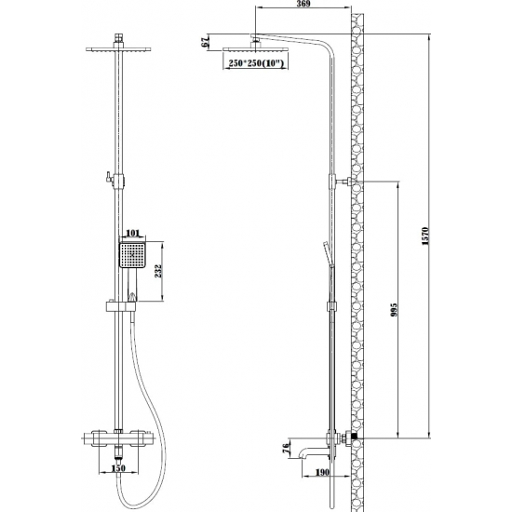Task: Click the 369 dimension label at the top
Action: [x=303, y=4]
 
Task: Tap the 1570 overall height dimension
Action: [x=424, y=236]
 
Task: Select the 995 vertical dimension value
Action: [x=394, y=310]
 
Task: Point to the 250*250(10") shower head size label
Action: [x=255, y=63]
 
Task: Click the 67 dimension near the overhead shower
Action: [x=206, y=43]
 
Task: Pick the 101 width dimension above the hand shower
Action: [x=132, y=233]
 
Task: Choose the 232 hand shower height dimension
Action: [x=158, y=271]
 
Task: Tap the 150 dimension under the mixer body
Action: [x=118, y=468]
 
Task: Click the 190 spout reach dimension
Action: [x=323, y=472]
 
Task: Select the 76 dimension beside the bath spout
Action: [x=287, y=446]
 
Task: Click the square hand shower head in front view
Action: [x=132, y=255]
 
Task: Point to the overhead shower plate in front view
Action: [x=118, y=49]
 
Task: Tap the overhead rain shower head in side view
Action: [x=256, y=49]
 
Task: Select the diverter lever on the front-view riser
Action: [x=108, y=177]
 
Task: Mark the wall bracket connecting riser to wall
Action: [x=347, y=182]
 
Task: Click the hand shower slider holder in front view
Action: [x=120, y=306]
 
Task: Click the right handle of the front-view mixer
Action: [x=139, y=438]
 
